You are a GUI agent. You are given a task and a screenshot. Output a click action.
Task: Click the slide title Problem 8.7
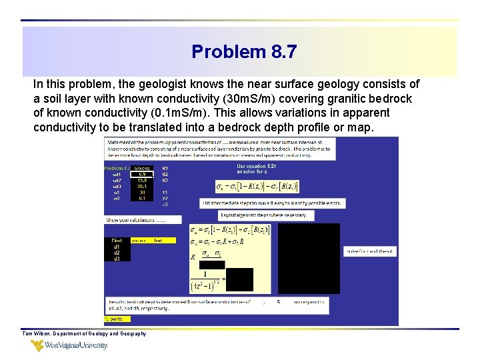pos(244,51)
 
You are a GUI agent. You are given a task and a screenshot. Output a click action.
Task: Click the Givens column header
pos(142,168)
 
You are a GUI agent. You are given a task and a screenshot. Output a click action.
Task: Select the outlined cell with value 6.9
pos(142,174)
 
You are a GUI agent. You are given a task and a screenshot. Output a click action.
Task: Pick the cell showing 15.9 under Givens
pos(142,181)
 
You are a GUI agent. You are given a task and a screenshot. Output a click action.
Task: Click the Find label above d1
pos(116,240)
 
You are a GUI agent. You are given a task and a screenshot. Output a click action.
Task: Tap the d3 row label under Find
pos(117,259)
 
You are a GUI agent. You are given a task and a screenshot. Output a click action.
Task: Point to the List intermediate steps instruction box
pos(273,203)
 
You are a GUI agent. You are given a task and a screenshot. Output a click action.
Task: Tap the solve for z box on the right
pos(370,251)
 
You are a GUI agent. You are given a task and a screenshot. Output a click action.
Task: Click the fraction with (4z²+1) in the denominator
pos(207,279)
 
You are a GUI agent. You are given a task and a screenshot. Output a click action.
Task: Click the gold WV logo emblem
pos(37,345)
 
